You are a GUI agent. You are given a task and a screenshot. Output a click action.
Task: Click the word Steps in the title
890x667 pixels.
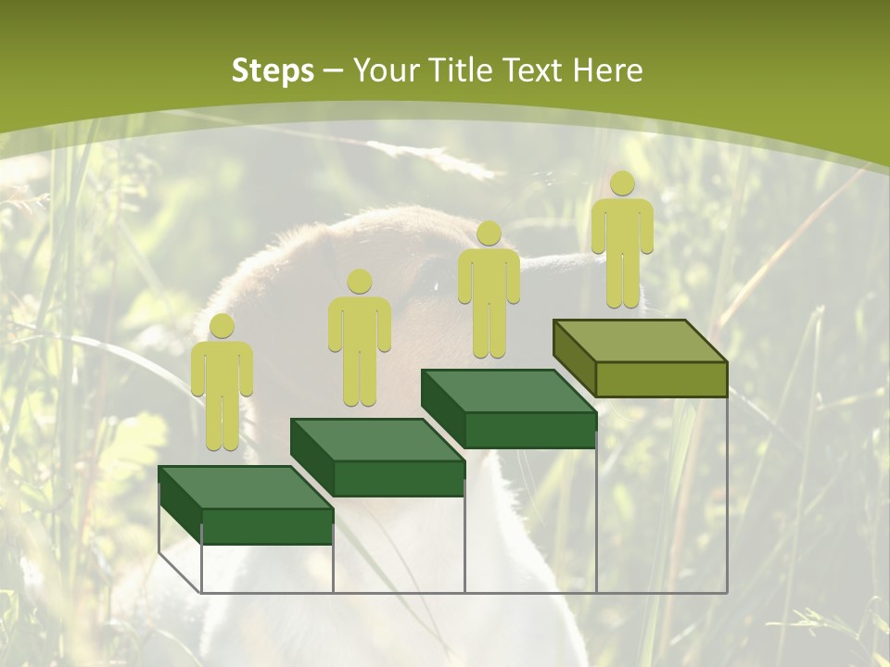(x=273, y=70)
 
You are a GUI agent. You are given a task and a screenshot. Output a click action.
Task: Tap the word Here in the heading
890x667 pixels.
(x=607, y=70)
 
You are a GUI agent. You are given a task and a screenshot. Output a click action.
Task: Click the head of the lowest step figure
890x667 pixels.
(x=222, y=326)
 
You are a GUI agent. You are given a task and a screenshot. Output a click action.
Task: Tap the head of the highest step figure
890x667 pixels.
(x=622, y=183)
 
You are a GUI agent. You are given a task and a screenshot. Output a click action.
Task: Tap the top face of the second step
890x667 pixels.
(x=376, y=440)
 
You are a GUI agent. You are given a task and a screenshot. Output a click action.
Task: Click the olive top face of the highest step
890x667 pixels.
(x=640, y=341)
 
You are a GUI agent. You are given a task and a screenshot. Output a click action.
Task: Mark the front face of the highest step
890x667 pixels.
(x=661, y=379)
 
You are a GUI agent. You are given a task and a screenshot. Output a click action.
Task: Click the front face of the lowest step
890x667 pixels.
(x=267, y=526)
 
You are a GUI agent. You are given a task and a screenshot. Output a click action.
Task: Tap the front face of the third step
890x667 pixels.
(x=529, y=430)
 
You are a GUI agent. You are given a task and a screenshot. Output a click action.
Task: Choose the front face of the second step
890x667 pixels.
(x=399, y=478)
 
